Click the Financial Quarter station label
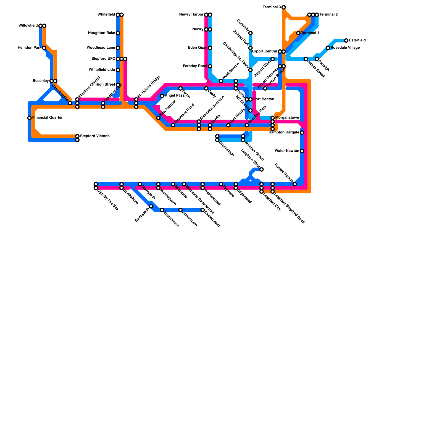pos(47,118)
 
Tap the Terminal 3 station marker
pos(283,7)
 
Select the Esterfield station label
pos(357,40)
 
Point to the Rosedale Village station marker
pos(328,48)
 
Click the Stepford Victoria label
pos(95,136)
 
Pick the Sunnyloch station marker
pos(151,206)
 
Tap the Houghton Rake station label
pos(101,33)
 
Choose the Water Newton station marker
pos(302,151)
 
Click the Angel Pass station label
pos(175,96)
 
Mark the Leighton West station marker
pos(261,169)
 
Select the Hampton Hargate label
pos(284,133)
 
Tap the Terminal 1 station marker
pos(298,33)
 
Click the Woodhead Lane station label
pos(101,48)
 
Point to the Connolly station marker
pos(250,33)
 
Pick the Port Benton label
pos(264,99)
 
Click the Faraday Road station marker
pos(210,66)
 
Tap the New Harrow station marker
pos(158,118)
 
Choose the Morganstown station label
pos(287,118)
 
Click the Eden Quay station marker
pos(210,48)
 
